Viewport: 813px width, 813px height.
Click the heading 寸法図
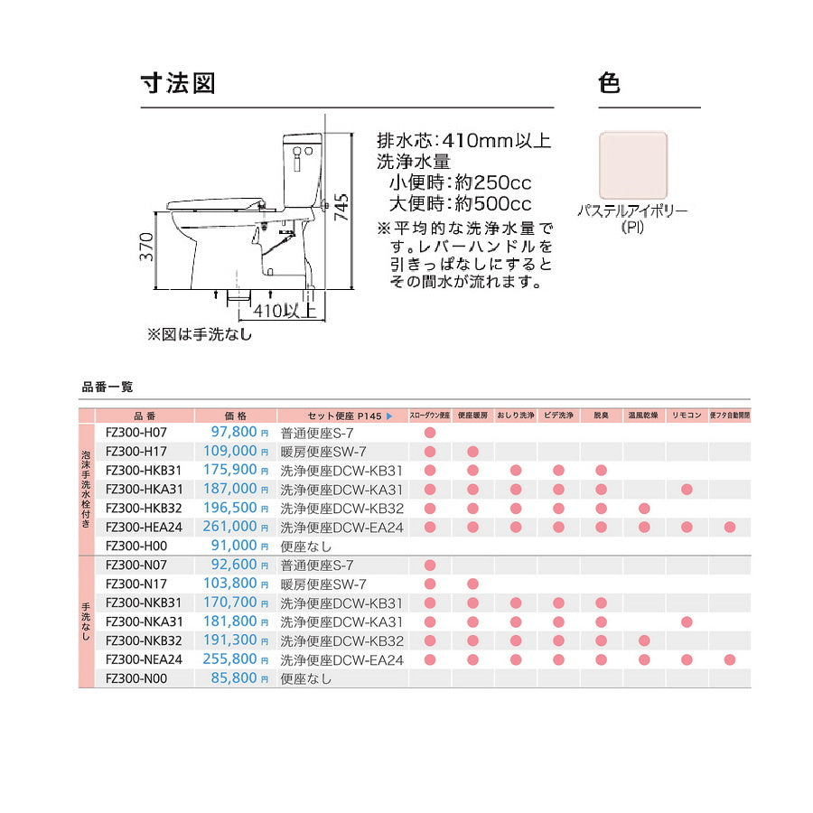[x=177, y=84]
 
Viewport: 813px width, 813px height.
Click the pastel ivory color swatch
[x=633, y=164]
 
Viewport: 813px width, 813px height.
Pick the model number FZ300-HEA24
[x=144, y=527]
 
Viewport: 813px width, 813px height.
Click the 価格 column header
[x=235, y=416]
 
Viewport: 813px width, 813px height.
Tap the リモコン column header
[x=687, y=416]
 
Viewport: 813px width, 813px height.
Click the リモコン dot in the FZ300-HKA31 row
[x=687, y=489]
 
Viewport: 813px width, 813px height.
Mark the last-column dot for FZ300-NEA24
[x=730, y=659]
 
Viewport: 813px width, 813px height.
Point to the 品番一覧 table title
[x=107, y=387]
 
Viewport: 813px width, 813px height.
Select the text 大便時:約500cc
[x=460, y=204]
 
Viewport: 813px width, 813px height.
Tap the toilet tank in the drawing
[x=301, y=167]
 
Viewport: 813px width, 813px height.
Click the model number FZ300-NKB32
[x=144, y=640]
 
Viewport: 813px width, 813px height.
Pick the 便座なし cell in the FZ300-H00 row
[x=306, y=546]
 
